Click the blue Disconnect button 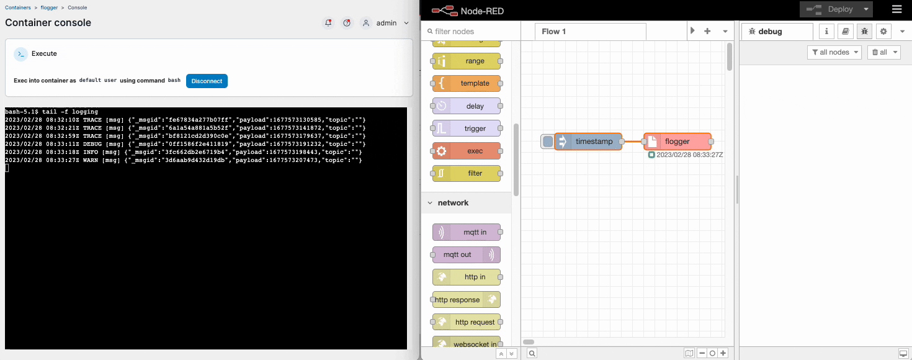click(x=207, y=81)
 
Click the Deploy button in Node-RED click(x=835, y=9)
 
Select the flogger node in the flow click(x=677, y=142)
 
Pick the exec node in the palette click(x=467, y=151)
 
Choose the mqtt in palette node click(x=467, y=232)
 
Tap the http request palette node click(x=467, y=322)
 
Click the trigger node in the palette click(x=467, y=128)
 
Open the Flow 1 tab click(x=554, y=31)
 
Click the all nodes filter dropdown click(x=834, y=52)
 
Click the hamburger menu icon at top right click(x=896, y=9)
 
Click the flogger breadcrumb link click(x=49, y=7)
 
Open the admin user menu click(x=386, y=23)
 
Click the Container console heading click(x=48, y=23)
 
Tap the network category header click(x=453, y=203)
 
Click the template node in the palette click(x=467, y=83)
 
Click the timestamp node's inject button click(x=547, y=142)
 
